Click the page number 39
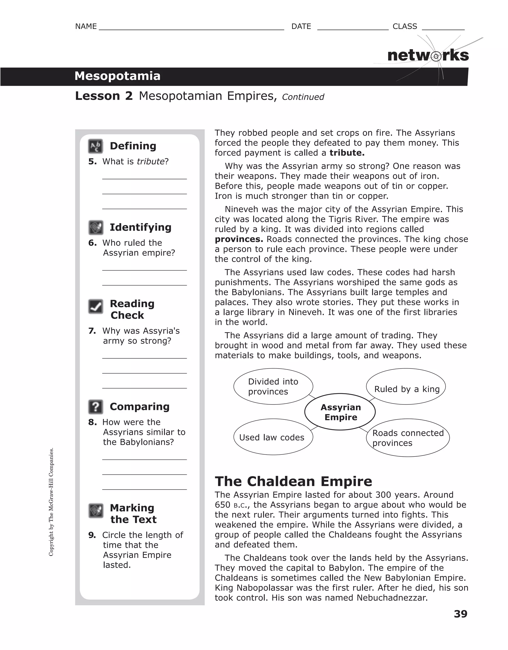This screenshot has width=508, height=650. coord(460,614)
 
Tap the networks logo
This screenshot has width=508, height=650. coord(428,56)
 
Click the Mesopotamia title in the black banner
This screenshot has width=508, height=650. coord(117,76)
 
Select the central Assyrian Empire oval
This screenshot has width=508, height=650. coord(340,412)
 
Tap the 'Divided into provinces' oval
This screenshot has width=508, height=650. coord(273,387)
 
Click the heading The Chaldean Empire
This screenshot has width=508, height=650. coord(293,481)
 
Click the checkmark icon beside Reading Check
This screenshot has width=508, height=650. coord(95,307)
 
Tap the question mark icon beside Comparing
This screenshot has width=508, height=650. coord(95,407)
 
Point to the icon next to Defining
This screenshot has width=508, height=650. coord(95,146)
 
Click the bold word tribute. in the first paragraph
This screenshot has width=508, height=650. coord(347,153)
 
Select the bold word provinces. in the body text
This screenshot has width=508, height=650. coord(239,239)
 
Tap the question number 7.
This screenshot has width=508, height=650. coord(92,331)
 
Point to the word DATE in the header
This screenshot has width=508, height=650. coord(301,27)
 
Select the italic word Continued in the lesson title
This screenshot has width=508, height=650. coord(303,97)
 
